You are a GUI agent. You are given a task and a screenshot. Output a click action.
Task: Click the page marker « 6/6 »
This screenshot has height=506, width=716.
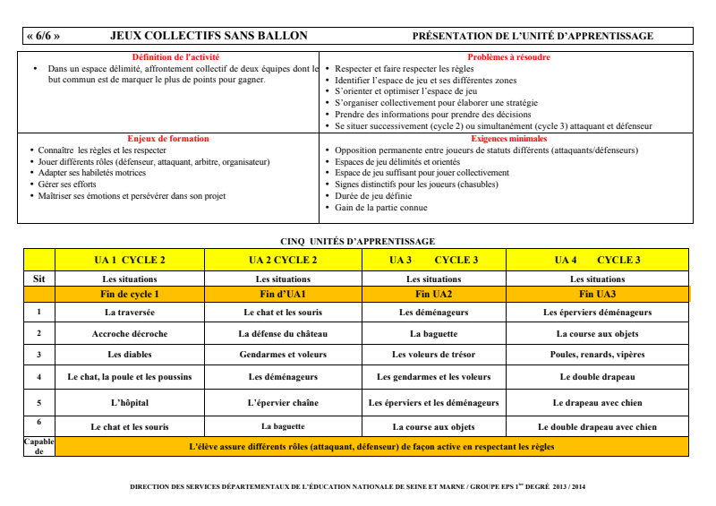tap(44, 36)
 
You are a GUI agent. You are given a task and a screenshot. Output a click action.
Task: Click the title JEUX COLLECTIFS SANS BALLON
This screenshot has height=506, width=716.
tap(209, 36)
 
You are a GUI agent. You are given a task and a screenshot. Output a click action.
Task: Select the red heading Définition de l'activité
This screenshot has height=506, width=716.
tap(169, 57)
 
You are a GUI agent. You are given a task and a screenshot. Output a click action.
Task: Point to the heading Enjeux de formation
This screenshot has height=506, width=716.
tap(168, 139)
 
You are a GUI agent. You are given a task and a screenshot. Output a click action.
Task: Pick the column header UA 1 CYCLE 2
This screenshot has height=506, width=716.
tap(130, 261)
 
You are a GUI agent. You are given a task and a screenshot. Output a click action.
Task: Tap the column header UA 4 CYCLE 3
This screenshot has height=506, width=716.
tap(597, 261)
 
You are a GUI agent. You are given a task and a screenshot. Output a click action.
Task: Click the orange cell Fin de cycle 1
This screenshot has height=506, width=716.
tap(130, 294)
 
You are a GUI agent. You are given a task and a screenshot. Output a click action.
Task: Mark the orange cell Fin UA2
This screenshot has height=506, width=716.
tap(433, 294)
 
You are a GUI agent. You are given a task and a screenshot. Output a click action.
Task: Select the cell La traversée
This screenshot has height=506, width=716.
tap(130, 313)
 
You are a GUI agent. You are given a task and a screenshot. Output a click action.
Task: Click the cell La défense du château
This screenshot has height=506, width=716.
tap(283, 334)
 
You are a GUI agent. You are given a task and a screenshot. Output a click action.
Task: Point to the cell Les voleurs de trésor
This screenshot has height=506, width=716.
tap(433, 355)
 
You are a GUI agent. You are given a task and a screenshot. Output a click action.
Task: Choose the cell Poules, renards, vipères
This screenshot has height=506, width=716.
tap(597, 355)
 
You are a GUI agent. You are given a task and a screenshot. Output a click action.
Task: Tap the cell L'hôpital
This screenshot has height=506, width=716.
tap(130, 403)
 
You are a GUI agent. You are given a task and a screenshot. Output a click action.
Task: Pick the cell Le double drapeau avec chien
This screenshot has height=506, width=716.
tap(597, 427)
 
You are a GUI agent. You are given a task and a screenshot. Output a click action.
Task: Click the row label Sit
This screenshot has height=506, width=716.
tap(38, 279)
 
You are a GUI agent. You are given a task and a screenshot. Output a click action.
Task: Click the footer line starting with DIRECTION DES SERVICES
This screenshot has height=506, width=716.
tap(357, 487)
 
